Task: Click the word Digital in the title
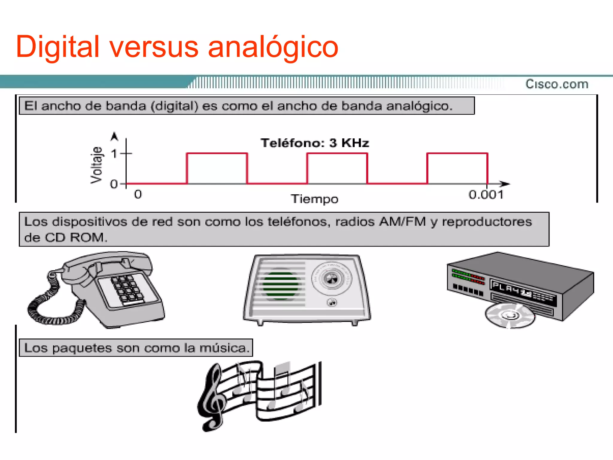(57, 47)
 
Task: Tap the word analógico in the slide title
(273, 47)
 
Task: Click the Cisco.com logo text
(557, 84)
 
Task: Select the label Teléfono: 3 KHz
(315, 143)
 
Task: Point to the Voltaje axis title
(96, 165)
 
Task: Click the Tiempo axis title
(315, 199)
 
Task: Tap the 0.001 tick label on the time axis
(486, 195)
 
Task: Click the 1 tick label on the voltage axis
(114, 154)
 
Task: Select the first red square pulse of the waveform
(217, 168)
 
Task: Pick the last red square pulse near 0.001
(457, 168)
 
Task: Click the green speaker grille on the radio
(280, 285)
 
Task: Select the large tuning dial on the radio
(331, 279)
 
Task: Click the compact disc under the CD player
(510, 316)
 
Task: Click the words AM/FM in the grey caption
(402, 222)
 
